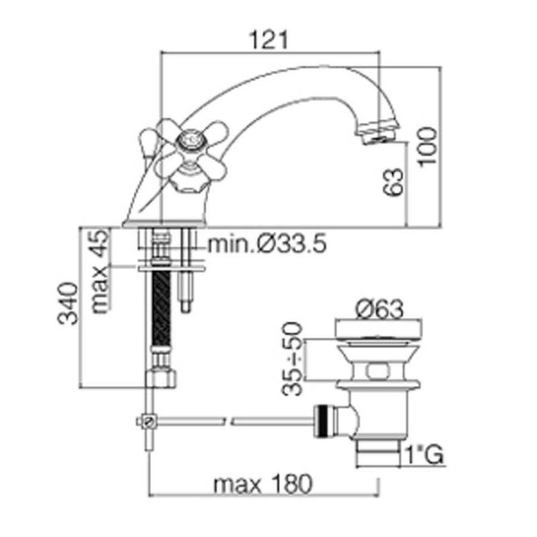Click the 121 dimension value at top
[271, 40]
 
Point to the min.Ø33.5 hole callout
[266, 244]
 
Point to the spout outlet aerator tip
[378, 134]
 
